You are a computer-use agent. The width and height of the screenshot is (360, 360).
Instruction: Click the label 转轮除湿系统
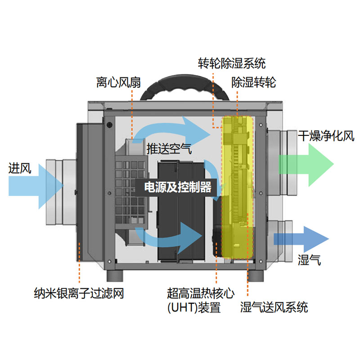click(232, 63)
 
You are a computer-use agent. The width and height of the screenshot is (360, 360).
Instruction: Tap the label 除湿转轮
click(253, 83)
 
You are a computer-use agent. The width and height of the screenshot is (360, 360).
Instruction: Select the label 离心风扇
click(119, 83)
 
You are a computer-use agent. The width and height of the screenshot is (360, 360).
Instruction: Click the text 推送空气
click(168, 148)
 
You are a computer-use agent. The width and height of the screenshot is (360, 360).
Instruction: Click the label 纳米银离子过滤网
click(79, 294)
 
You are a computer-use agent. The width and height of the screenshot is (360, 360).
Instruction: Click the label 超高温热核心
click(201, 294)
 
